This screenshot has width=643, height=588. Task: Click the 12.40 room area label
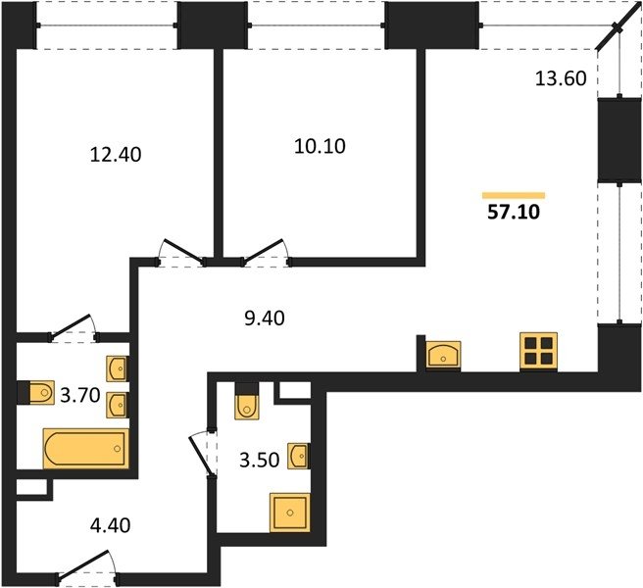coord(116,155)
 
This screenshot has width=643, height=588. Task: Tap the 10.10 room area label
coord(320,146)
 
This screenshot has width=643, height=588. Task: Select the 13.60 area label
coord(561,78)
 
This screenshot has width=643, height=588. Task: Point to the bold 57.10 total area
coord(514,212)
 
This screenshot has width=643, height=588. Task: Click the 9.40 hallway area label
coord(265,318)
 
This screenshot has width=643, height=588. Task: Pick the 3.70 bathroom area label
coord(80,396)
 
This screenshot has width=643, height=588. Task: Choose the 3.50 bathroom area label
coord(260,460)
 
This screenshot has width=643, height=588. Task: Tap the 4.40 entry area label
coord(111,525)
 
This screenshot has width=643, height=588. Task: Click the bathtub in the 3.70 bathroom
coord(86,449)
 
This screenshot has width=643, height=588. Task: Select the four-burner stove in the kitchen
coord(538,352)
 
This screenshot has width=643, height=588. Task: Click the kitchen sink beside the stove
coord(443,355)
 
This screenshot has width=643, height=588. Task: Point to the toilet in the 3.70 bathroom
coord(41,393)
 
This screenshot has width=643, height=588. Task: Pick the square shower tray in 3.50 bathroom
coord(290,513)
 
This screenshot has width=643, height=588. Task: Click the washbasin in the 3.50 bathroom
coord(298,456)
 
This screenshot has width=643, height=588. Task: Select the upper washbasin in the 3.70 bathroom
coord(118,368)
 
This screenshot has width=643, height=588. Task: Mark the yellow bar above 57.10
coord(514,195)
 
